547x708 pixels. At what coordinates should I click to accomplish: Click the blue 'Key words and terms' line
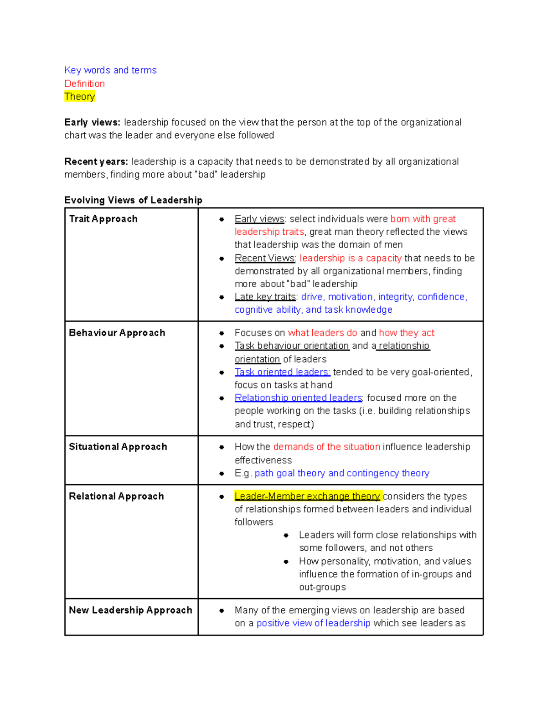tap(110, 70)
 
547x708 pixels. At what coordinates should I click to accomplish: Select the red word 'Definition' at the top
tap(84, 83)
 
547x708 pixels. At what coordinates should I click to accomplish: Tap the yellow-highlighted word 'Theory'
tap(79, 97)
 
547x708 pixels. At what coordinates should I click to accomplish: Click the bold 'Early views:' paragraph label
tap(92, 123)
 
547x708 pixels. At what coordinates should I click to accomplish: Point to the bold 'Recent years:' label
tap(96, 162)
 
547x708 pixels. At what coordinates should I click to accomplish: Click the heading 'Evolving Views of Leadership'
tap(133, 200)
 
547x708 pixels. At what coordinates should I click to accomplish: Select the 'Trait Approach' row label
tap(103, 219)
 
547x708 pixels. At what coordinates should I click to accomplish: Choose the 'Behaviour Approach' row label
tap(117, 333)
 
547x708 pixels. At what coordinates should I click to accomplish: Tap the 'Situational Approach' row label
tap(118, 447)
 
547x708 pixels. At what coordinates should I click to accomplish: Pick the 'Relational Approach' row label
tap(116, 496)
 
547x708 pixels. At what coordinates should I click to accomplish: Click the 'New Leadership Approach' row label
tap(130, 610)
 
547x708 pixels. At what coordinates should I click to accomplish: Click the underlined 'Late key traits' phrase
tap(265, 297)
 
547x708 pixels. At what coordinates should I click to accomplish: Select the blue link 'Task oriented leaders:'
tap(282, 372)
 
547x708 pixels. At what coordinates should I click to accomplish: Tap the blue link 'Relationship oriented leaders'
tap(299, 398)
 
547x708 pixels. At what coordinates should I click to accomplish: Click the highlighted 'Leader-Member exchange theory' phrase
tap(307, 496)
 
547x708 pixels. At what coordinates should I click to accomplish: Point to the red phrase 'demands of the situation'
tap(326, 447)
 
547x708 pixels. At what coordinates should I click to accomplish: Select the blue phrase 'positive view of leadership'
tap(313, 623)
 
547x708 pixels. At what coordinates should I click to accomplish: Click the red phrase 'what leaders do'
tap(322, 333)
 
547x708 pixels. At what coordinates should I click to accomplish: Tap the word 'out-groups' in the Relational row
tap(322, 587)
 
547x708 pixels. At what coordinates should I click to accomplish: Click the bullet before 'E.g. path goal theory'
tap(222, 474)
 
